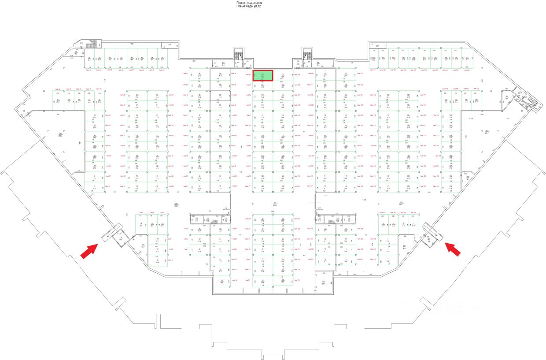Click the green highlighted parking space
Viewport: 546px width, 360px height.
pos(263,76)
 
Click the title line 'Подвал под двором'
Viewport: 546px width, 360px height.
pos(250,3)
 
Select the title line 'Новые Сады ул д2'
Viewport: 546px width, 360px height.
pos(249,7)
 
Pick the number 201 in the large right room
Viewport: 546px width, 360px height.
pos(487,132)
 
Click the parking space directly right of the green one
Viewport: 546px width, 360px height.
pos(283,76)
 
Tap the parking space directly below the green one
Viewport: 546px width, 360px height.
pos(263,86)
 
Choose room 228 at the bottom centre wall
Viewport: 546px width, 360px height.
pos(323,282)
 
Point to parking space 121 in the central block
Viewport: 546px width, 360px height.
pos(263,187)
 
